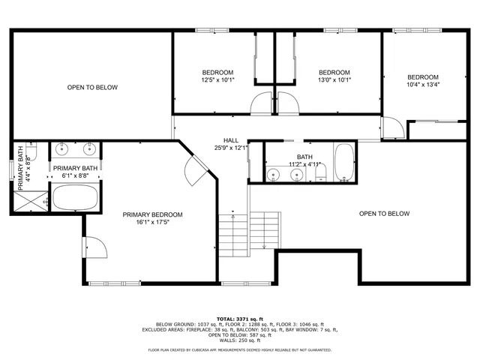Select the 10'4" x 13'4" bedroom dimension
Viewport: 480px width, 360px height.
pyautogui.click(x=423, y=85)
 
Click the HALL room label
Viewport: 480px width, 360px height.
pyautogui.click(x=231, y=140)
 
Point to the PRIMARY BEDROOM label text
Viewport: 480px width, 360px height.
pyautogui.click(x=152, y=214)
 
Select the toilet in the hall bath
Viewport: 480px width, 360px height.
pyautogui.click(x=320, y=174)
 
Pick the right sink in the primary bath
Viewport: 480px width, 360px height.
pyautogui.click(x=89, y=147)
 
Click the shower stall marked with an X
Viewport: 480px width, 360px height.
pyautogui.click(x=30, y=199)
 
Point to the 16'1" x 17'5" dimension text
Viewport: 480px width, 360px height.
pyautogui.click(x=152, y=222)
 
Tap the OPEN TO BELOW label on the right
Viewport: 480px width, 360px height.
pyautogui.click(x=384, y=214)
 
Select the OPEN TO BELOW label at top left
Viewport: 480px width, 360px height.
pyautogui.click(x=92, y=88)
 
